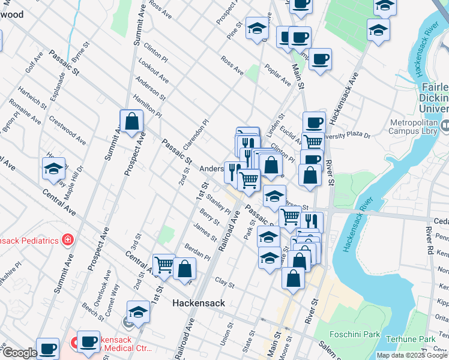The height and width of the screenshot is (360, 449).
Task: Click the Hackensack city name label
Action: pyautogui.click(x=199, y=303)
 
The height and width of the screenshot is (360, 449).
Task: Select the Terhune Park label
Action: pyautogui.click(x=411, y=339)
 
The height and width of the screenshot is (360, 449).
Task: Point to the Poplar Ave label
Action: pyautogui.click(x=277, y=75)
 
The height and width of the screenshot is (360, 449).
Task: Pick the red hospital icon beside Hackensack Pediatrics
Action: pyautogui.click(x=68, y=240)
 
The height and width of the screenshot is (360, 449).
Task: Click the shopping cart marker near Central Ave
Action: pyautogui.click(x=163, y=264)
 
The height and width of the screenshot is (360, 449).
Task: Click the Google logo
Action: pyautogui.click(x=19, y=353)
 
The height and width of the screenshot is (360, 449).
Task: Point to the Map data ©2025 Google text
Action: pyautogui.click(x=412, y=355)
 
